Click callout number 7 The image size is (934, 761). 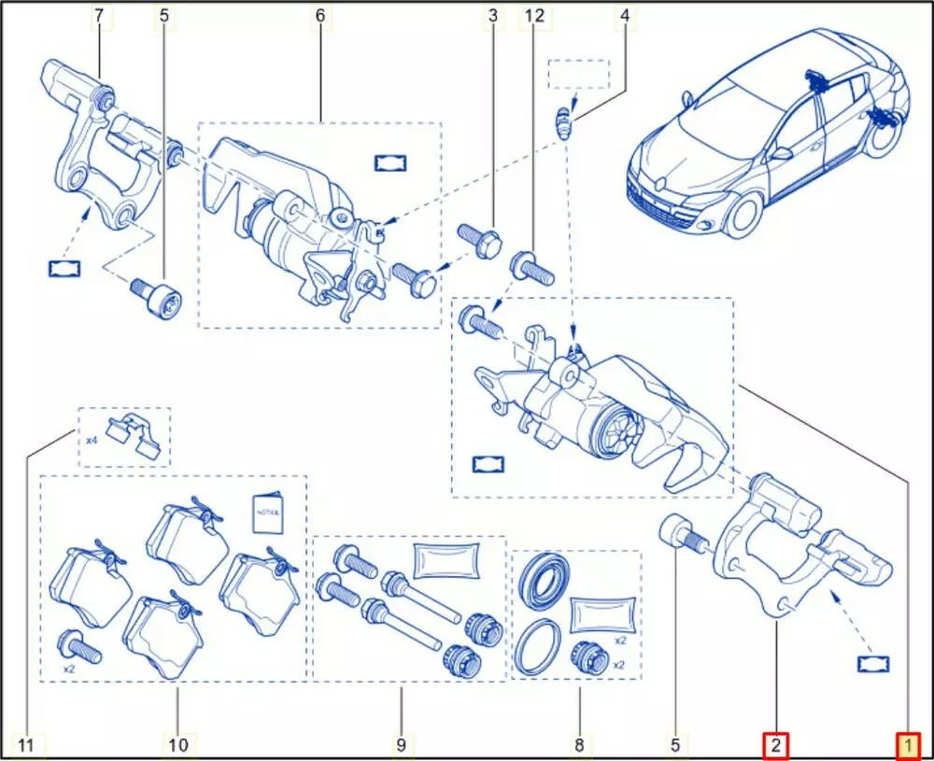tap(100, 16)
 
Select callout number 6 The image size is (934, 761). tap(319, 16)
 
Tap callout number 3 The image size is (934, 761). tap(492, 16)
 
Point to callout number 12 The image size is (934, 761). tap(533, 16)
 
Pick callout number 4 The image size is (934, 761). tap(625, 16)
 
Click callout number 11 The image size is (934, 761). tap(26, 745)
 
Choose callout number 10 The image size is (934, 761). tap(177, 745)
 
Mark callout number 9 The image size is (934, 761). tap(400, 745)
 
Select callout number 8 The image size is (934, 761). tap(579, 745)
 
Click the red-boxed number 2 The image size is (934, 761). tap(776, 745)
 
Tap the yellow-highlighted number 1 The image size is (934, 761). tap(908, 745)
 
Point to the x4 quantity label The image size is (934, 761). tap(91, 439)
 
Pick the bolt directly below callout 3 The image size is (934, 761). tap(478, 239)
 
